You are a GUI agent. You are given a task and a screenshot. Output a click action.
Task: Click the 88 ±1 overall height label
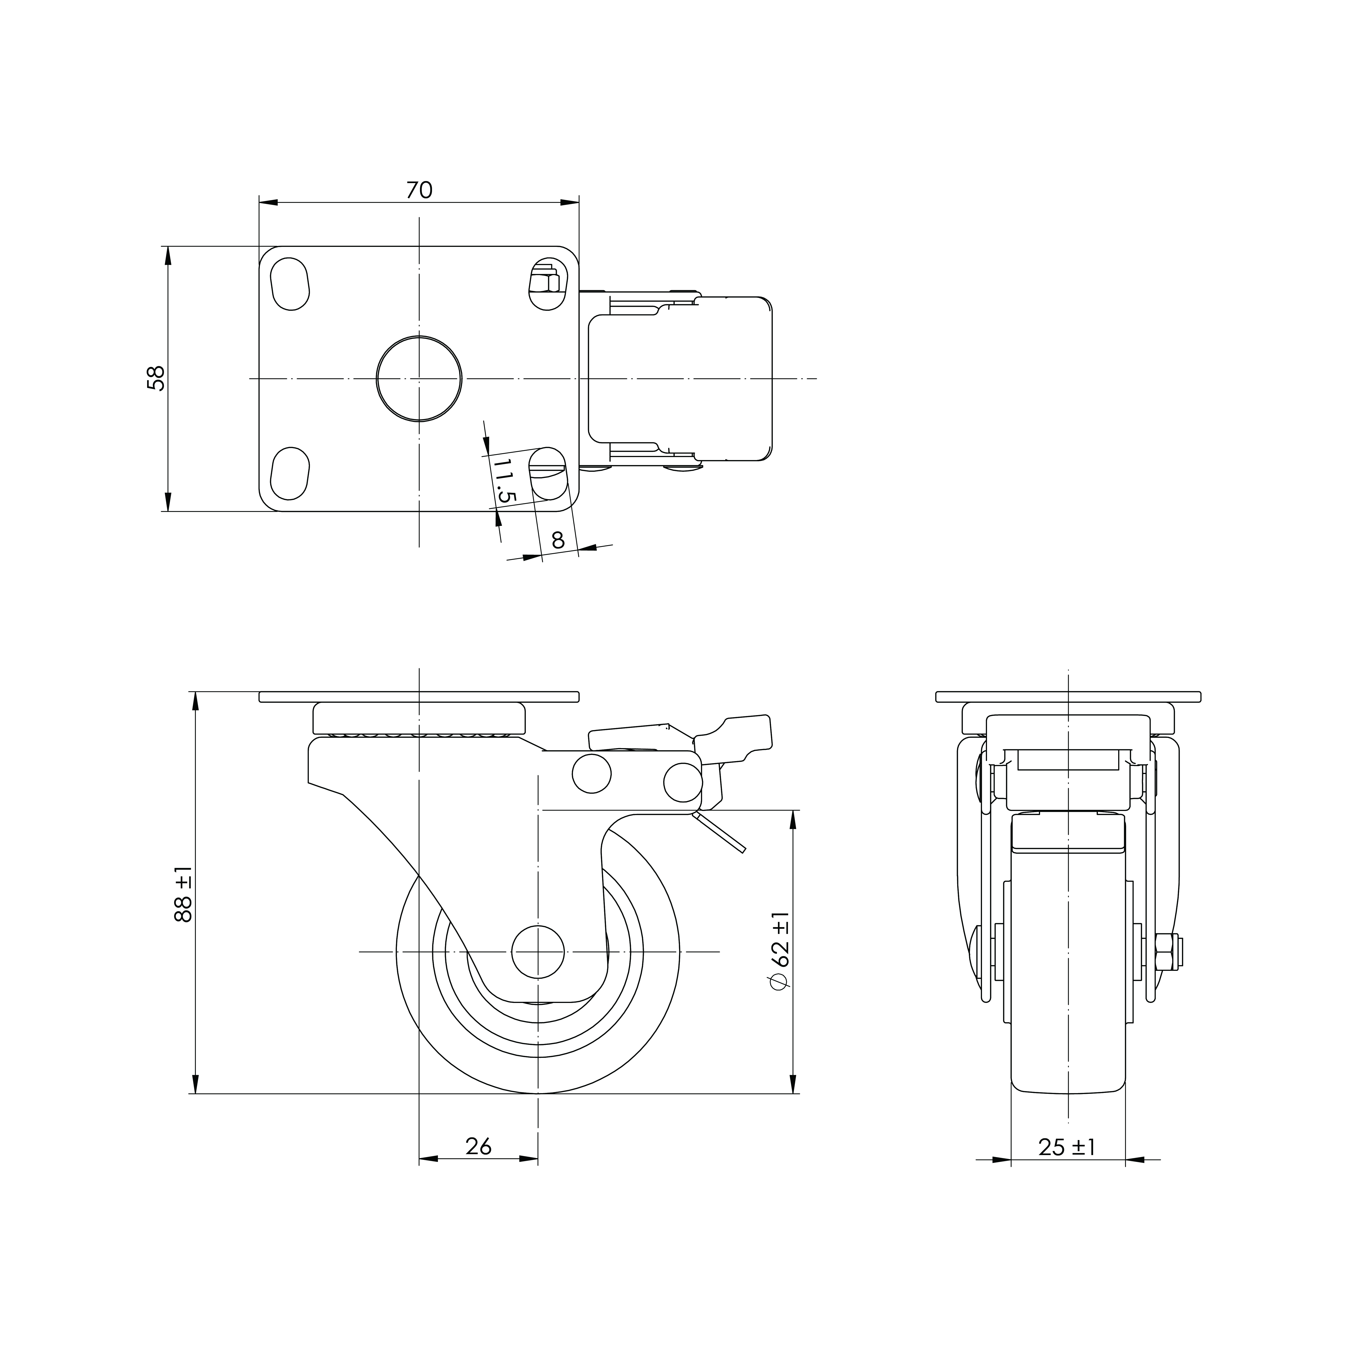(x=183, y=895)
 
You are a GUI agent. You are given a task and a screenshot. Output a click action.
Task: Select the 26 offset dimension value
(x=478, y=1146)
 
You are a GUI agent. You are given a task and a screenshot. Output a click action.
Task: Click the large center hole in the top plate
(x=419, y=379)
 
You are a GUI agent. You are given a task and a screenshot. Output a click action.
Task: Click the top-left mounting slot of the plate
(x=290, y=283)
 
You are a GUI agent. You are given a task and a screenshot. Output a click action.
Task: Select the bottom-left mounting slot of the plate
(x=290, y=473)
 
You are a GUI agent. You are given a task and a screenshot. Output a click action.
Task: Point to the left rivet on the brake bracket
(x=592, y=773)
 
